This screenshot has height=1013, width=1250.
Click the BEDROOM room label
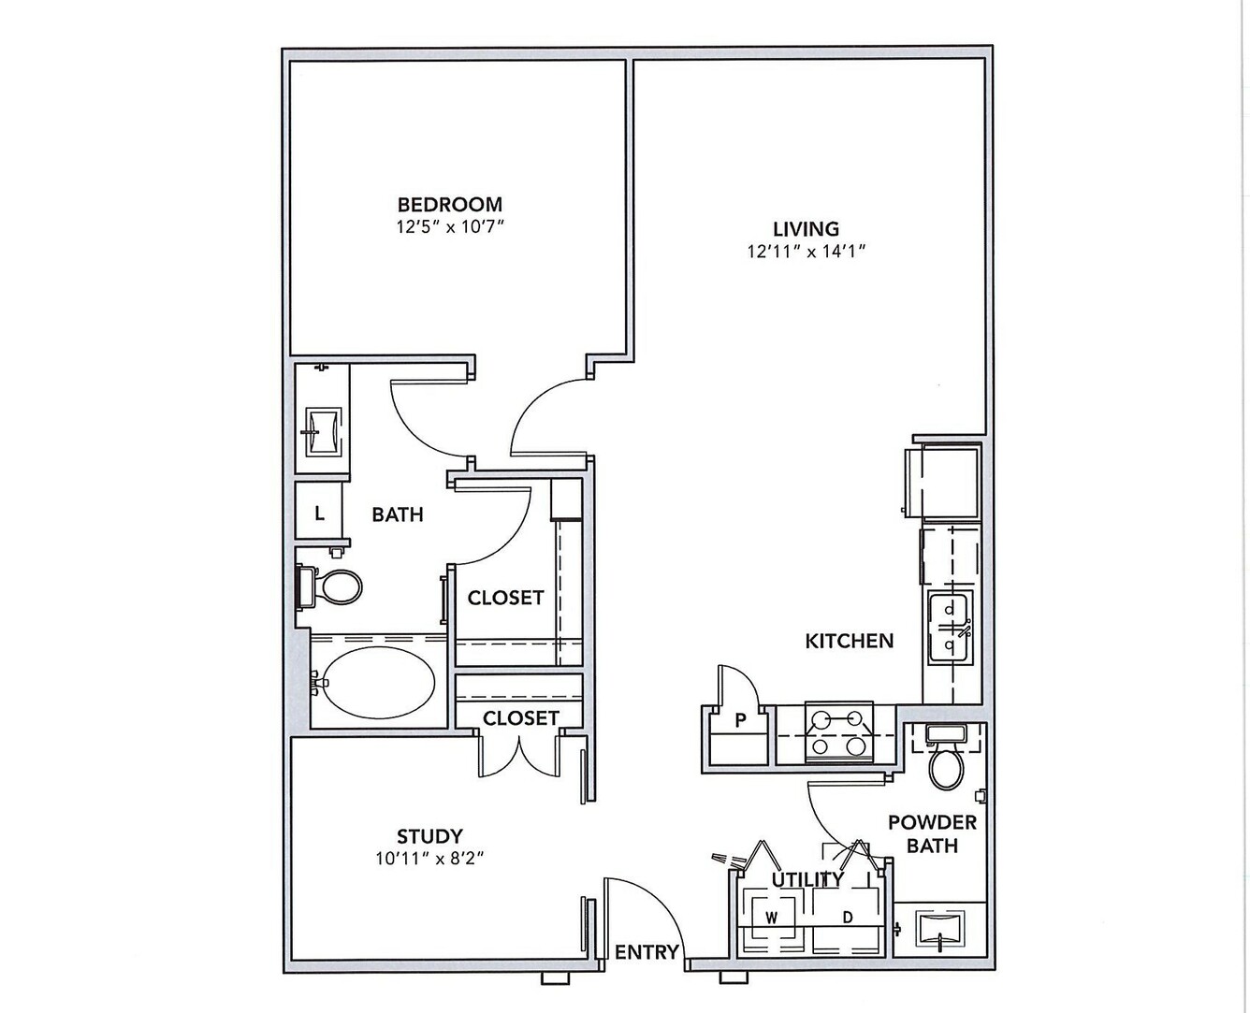coord(450,205)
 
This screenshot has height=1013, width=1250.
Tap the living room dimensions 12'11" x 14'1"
coord(807,251)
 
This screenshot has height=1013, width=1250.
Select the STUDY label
coord(429,836)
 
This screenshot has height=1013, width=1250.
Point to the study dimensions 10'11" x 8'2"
coord(429,859)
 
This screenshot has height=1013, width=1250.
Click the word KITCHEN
coord(850,641)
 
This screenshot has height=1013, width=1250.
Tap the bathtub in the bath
coord(379,682)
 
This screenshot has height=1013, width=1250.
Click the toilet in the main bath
coord(330,586)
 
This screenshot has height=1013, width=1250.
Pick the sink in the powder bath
coord(940,930)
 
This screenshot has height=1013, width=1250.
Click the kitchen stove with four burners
coord(838,732)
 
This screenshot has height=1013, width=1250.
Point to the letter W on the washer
coord(772,919)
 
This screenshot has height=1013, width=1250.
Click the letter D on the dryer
coord(848,917)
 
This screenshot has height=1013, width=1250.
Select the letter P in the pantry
coord(741,719)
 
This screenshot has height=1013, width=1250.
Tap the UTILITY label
coord(807,879)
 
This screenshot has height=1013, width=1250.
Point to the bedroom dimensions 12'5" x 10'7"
coord(450,227)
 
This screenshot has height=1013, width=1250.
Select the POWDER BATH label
coord(932,834)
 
